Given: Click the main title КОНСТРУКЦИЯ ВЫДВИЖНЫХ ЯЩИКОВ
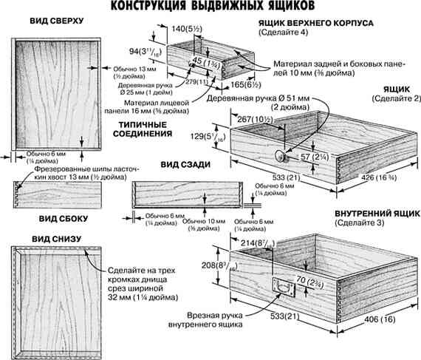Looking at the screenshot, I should coord(210,8).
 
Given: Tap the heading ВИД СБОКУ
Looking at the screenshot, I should coord(58,219).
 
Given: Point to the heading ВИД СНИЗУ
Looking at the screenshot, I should coord(55,239).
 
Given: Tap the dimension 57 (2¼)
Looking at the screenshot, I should coord(302,157).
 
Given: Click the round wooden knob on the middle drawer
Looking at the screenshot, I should coord(281,156).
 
